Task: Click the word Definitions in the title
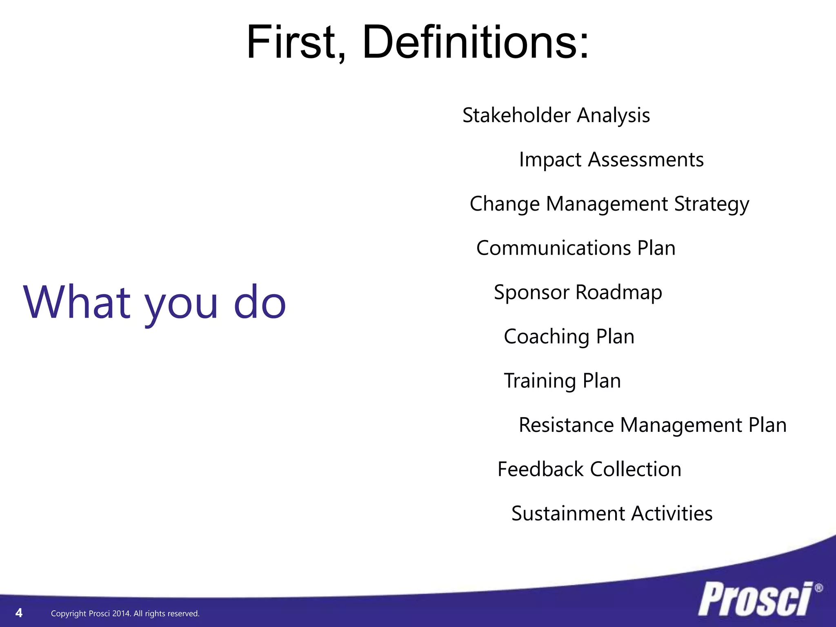tap(476, 42)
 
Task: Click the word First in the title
tap(296, 42)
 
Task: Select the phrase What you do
tap(155, 302)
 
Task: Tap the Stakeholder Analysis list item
tap(556, 116)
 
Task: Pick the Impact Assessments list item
tap(611, 160)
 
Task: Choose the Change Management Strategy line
tap(609, 204)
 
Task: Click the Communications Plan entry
tap(576, 248)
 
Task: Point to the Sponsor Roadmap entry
tap(578, 292)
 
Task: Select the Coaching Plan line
tap(569, 337)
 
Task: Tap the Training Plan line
tap(562, 381)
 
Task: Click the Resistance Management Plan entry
tap(652, 425)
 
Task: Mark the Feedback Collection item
tap(589, 469)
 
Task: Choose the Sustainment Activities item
tap(611, 514)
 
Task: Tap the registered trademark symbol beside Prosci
tap(818, 588)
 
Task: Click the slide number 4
tap(19, 613)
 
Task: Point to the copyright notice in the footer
tap(125, 614)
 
